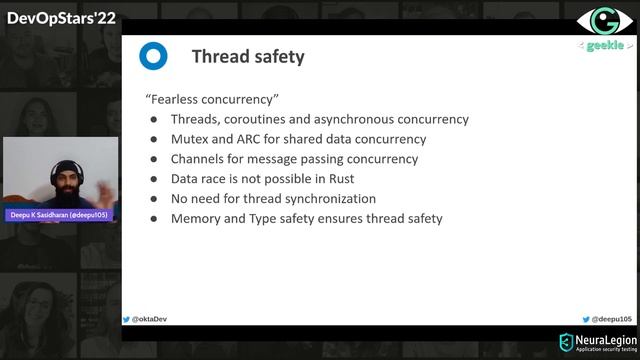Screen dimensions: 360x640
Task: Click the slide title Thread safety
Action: coord(247,56)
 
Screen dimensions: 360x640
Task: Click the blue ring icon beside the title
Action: coord(153,56)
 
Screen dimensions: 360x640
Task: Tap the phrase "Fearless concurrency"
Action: coord(211,99)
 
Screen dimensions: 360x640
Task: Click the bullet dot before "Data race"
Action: coord(154,179)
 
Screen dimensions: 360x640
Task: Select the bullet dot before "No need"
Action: coord(154,198)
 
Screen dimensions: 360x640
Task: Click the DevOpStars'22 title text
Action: coord(61,17)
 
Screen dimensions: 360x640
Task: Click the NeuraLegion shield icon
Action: coord(566,343)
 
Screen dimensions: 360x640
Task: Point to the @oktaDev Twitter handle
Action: coord(148,319)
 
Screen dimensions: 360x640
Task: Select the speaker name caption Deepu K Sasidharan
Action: coord(60,215)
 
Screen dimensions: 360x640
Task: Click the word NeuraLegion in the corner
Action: coord(605,339)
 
